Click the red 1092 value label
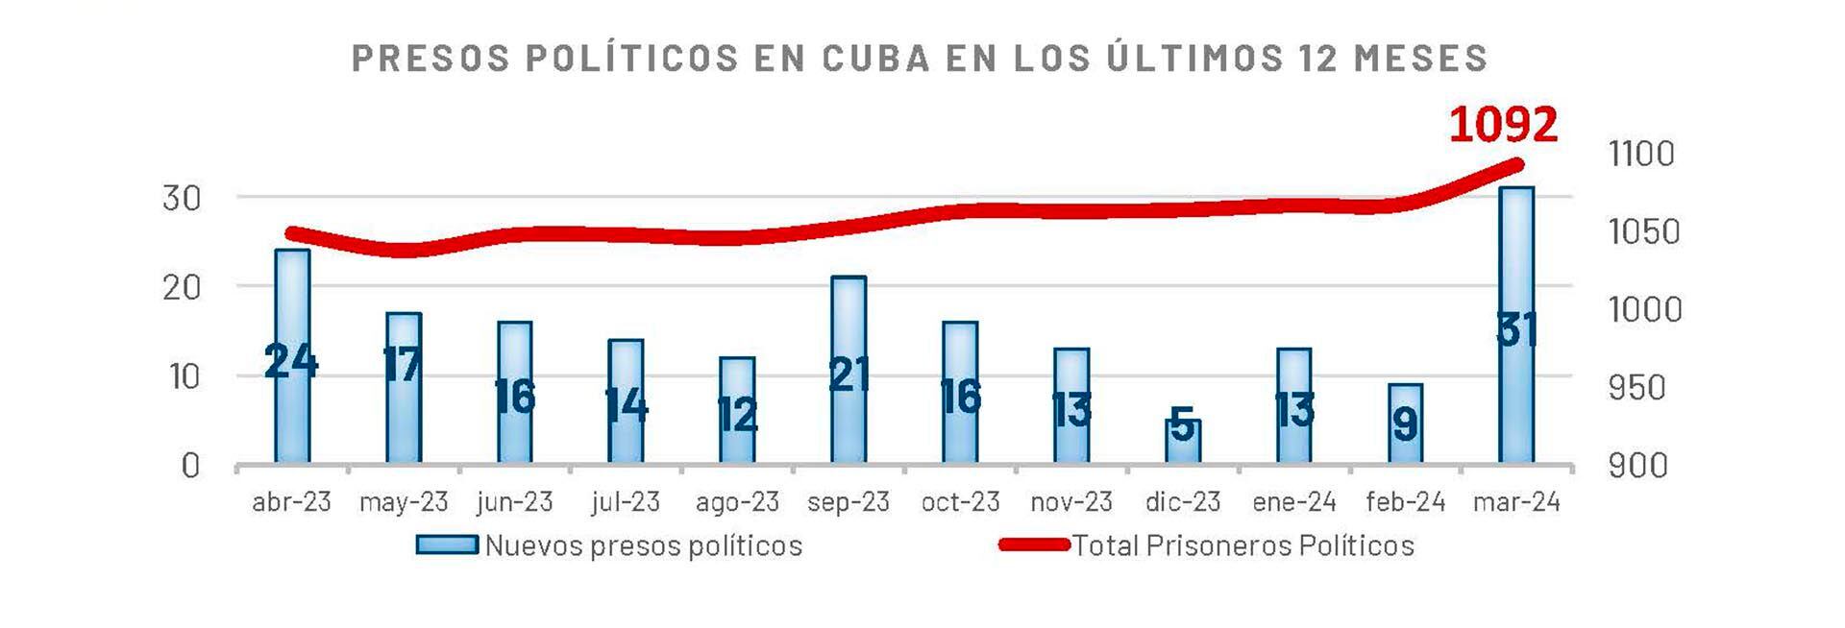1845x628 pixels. [x=1503, y=126]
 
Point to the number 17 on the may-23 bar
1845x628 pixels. [x=402, y=364]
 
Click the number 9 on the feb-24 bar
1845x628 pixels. [x=1405, y=423]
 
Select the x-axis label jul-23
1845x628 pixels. [x=626, y=501]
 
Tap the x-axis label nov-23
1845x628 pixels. [x=1071, y=501]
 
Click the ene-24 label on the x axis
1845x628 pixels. [x=1294, y=501]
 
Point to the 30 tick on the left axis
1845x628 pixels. [x=182, y=199]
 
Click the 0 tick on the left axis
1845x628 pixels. [x=190, y=466]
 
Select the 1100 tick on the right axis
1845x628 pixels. [x=1641, y=154]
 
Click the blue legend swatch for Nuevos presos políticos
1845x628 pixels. [x=447, y=545]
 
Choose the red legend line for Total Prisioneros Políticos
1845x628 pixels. [x=1034, y=545]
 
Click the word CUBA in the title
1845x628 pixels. [x=876, y=58]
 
